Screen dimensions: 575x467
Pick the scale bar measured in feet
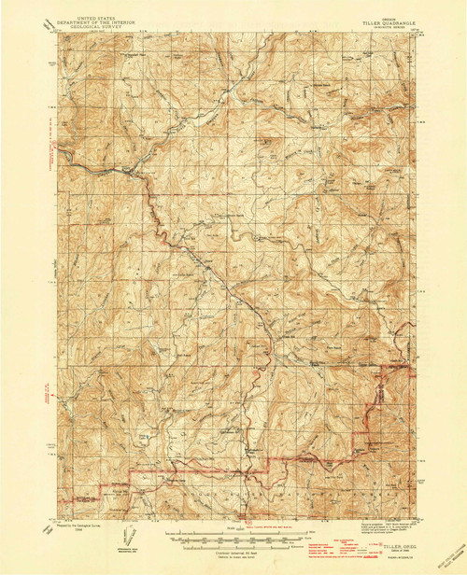[x=233, y=539]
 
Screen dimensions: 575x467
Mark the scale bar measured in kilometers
[x=233, y=545]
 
